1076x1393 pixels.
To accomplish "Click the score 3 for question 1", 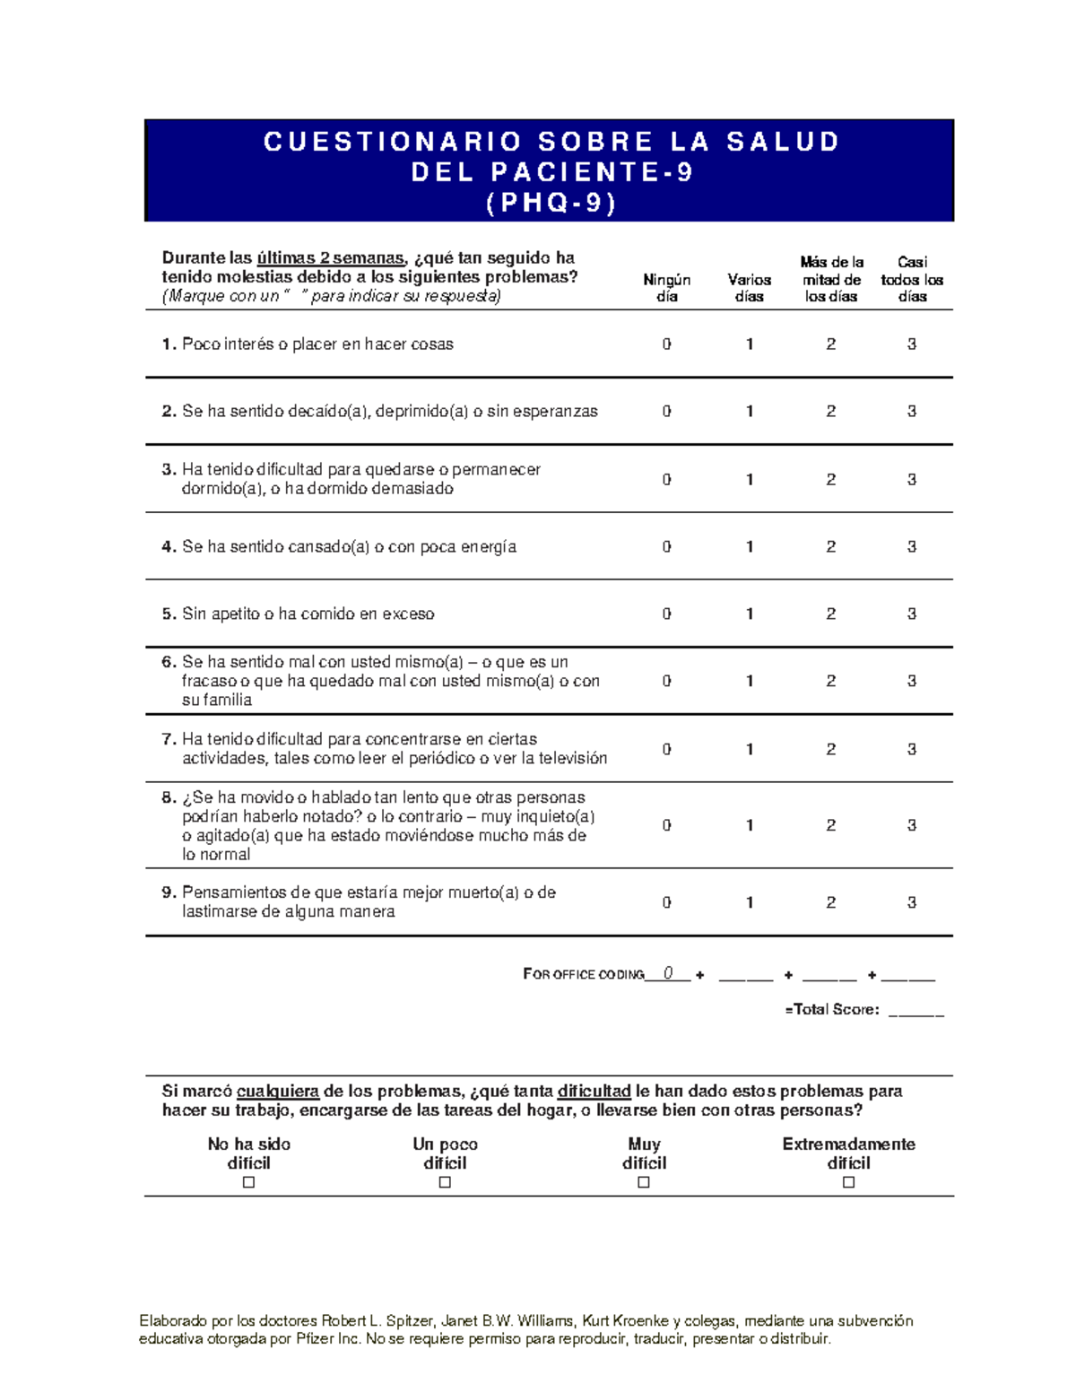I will (911, 344).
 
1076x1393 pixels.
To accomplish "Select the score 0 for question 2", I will (666, 412).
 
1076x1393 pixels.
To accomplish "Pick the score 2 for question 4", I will (831, 547).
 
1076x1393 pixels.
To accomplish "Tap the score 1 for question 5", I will (750, 614).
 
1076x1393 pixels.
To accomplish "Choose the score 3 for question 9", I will (911, 903).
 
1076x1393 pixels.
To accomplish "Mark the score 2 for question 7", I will (831, 750).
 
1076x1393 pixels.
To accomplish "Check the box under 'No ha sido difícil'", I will (249, 1182).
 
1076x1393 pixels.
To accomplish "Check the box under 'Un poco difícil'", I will (445, 1182).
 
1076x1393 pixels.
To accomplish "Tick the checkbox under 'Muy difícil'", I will (644, 1182).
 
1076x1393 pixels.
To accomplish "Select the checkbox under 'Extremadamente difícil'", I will (848, 1182).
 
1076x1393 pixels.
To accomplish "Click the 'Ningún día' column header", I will (666, 288).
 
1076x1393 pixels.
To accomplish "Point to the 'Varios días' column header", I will (750, 288).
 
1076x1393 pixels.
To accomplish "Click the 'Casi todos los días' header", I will (912, 279).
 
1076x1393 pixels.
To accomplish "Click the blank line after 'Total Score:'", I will (915, 1011).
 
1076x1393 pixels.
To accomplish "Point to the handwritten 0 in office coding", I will (668, 974).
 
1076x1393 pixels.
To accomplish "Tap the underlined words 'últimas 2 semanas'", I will (330, 258).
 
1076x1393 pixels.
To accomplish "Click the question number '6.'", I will (169, 662).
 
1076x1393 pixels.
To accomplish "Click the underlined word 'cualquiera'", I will (277, 1092).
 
